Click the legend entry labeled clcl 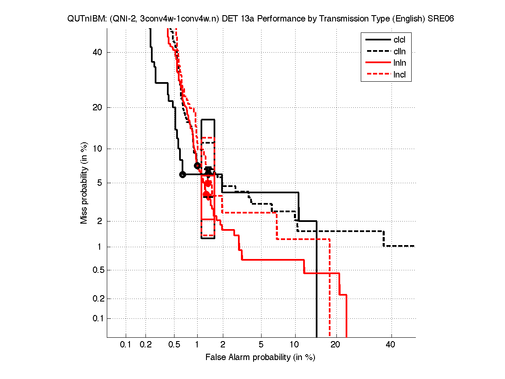point(399,40)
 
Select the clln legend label point(399,52)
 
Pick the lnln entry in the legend point(399,64)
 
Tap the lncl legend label point(399,75)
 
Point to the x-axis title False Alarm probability point(260,358)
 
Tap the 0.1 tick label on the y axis point(96,318)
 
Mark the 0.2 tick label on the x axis point(145,345)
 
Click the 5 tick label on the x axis point(261,345)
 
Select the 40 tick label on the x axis point(391,345)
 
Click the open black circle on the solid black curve point(182,174)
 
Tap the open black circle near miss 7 point(197,165)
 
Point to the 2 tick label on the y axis point(100,221)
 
